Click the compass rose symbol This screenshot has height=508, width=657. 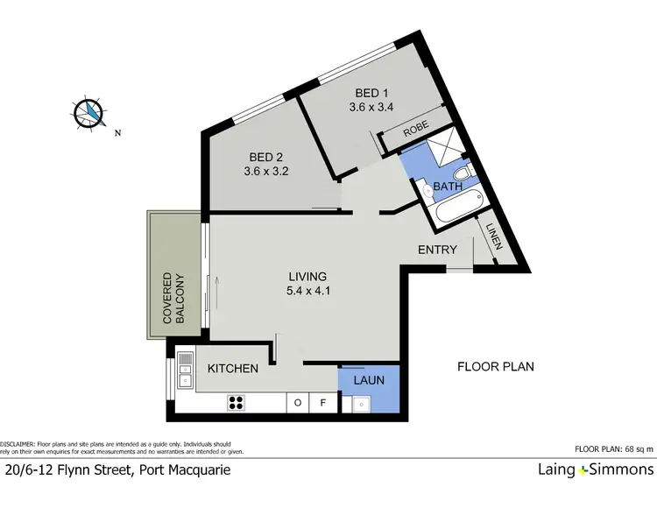coord(88,111)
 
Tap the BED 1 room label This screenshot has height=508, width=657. coord(367,93)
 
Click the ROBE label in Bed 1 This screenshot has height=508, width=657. coord(415,128)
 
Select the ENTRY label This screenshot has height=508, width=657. coord(437,250)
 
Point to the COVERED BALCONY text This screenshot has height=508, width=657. coord(174,300)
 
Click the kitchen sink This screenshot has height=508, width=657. coord(185,370)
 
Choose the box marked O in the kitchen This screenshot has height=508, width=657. coord(298,404)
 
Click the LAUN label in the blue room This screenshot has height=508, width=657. coord(369,381)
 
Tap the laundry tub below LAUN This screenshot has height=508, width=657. coord(359,404)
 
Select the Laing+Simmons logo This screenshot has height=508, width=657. coord(595,470)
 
